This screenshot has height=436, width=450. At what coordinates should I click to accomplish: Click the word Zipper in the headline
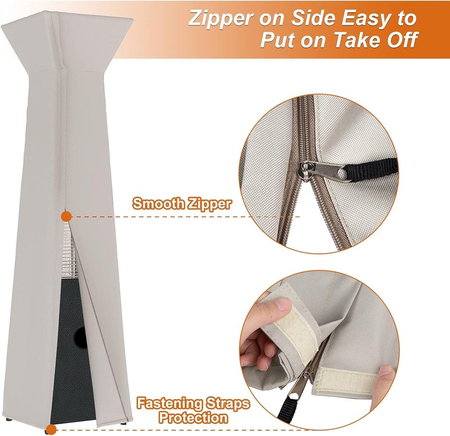pos(219,18)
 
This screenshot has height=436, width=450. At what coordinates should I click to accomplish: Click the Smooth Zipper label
pos(181,204)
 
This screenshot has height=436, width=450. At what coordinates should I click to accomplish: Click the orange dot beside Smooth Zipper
pos(66,216)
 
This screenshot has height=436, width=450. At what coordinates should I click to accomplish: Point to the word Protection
pos(192,418)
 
